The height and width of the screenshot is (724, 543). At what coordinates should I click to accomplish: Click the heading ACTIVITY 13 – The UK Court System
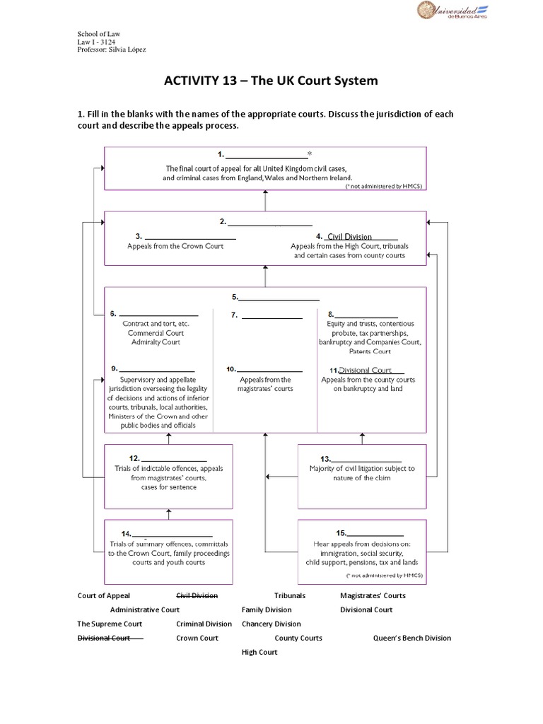[x=271, y=81]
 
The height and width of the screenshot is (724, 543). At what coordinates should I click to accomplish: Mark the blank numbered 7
[x=271, y=315]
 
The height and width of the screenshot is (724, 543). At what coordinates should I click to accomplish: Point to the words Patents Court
[x=370, y=351]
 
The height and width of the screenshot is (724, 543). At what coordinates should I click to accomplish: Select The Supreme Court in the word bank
[x=110, y=624]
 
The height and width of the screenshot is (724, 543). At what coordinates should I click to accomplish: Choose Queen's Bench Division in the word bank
[x=412, y=638]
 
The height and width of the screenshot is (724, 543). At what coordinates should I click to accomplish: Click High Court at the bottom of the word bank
[x=259, y=652]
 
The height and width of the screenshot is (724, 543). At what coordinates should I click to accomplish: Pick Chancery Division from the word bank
[x=271, y=624]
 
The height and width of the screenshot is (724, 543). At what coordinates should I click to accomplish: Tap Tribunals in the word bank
[x=290, y=596]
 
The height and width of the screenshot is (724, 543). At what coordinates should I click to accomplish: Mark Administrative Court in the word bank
[x=145, y=609]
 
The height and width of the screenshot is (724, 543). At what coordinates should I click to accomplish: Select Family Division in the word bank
[x=267, y=609]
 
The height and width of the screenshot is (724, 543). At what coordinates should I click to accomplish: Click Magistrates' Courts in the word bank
[x=373, y=596]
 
